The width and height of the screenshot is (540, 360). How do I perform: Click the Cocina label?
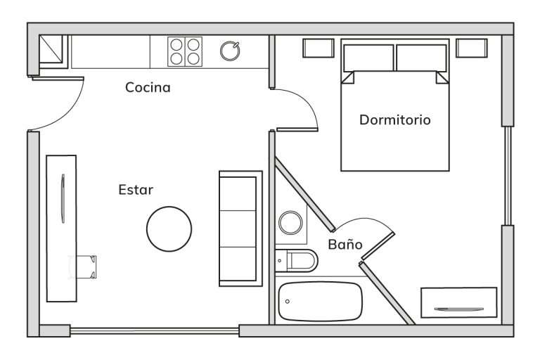click(x=148, y=87)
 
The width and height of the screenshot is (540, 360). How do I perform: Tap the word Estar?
click(x=136, y=190)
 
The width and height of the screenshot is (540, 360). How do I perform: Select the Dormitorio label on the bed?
click(x=395, y=120)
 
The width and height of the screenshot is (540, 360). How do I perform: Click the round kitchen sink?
click(x=230, y=51)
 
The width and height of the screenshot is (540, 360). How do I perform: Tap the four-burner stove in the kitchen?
click(x=185, y=51)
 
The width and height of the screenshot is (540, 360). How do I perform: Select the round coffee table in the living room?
click(x=169, y=229)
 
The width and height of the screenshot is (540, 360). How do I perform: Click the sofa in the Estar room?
click(x=240, y=229)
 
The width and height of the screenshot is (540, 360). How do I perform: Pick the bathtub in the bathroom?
click(x=321, y=302)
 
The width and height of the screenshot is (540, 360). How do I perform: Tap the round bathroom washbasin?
click(x=290, y=223)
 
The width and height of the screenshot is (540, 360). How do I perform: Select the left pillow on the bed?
click(x=368, y=58)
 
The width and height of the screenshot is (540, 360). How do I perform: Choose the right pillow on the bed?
click(x=422, y=58)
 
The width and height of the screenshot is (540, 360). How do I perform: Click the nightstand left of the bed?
click(x=319, y=48)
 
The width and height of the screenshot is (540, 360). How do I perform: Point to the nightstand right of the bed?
click(x=472, y=48)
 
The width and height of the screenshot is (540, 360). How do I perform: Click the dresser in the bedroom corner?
click(x=458, y=302)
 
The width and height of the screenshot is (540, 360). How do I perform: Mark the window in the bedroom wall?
click(x=508, y=176)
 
